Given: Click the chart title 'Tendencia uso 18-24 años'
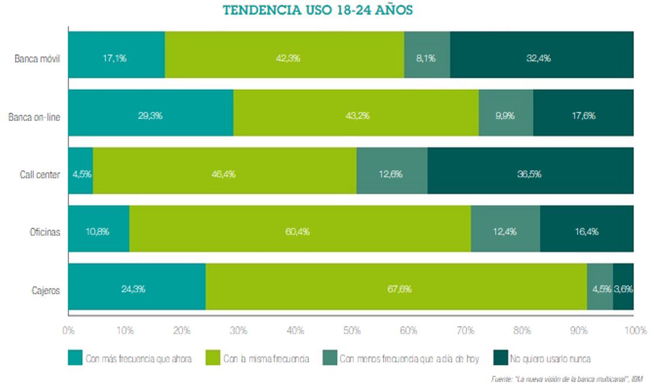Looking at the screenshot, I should [x=319, y=11].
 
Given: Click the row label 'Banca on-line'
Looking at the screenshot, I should [x=34, y=116].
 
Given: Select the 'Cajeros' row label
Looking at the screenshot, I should [x=45, y=290].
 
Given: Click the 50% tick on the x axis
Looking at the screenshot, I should [x=351, y=330].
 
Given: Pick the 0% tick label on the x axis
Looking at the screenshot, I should [x=68, y=330].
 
